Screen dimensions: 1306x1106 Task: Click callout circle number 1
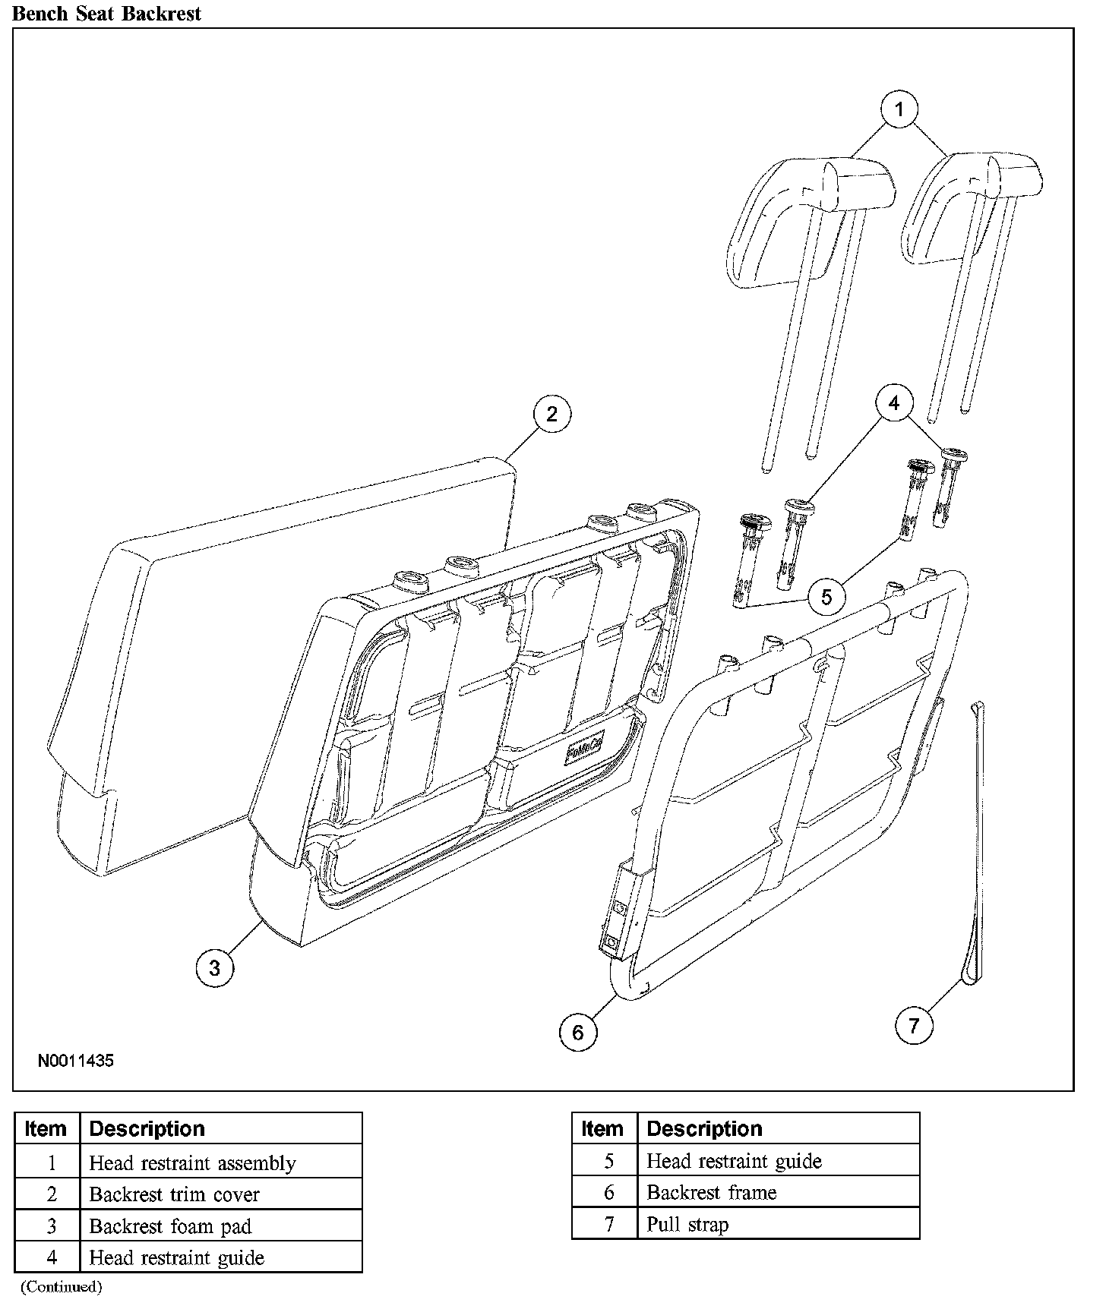click(x=899, y=109)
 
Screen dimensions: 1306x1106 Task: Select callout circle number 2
click(x=551, y=414)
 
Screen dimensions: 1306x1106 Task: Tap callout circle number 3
click(x=214, y=968)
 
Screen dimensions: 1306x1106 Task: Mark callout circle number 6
click(x=578, y=1032)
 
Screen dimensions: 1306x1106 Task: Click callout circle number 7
click(x=914, y=1027)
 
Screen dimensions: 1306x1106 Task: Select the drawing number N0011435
click(x=76, y=1061)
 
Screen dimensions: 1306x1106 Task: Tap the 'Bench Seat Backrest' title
click(x=107, y=14)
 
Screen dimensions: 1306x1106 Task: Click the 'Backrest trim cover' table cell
click(x=175, y=1194)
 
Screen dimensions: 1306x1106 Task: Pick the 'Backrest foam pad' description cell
click(x=170, y=1226)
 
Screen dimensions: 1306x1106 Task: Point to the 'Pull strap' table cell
click(x=687, y=1224)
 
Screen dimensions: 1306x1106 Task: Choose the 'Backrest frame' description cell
click(x=712, y=1192)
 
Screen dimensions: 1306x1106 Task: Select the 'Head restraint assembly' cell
click(x=193, y=1162)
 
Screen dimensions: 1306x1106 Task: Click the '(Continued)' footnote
click(x=61, y=1286)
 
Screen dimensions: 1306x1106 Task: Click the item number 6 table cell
click(x=608, y=1192)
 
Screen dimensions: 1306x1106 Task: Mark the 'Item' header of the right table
click(x=602, y=1129)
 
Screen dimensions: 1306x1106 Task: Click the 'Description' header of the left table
click(x=147, y=1129)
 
